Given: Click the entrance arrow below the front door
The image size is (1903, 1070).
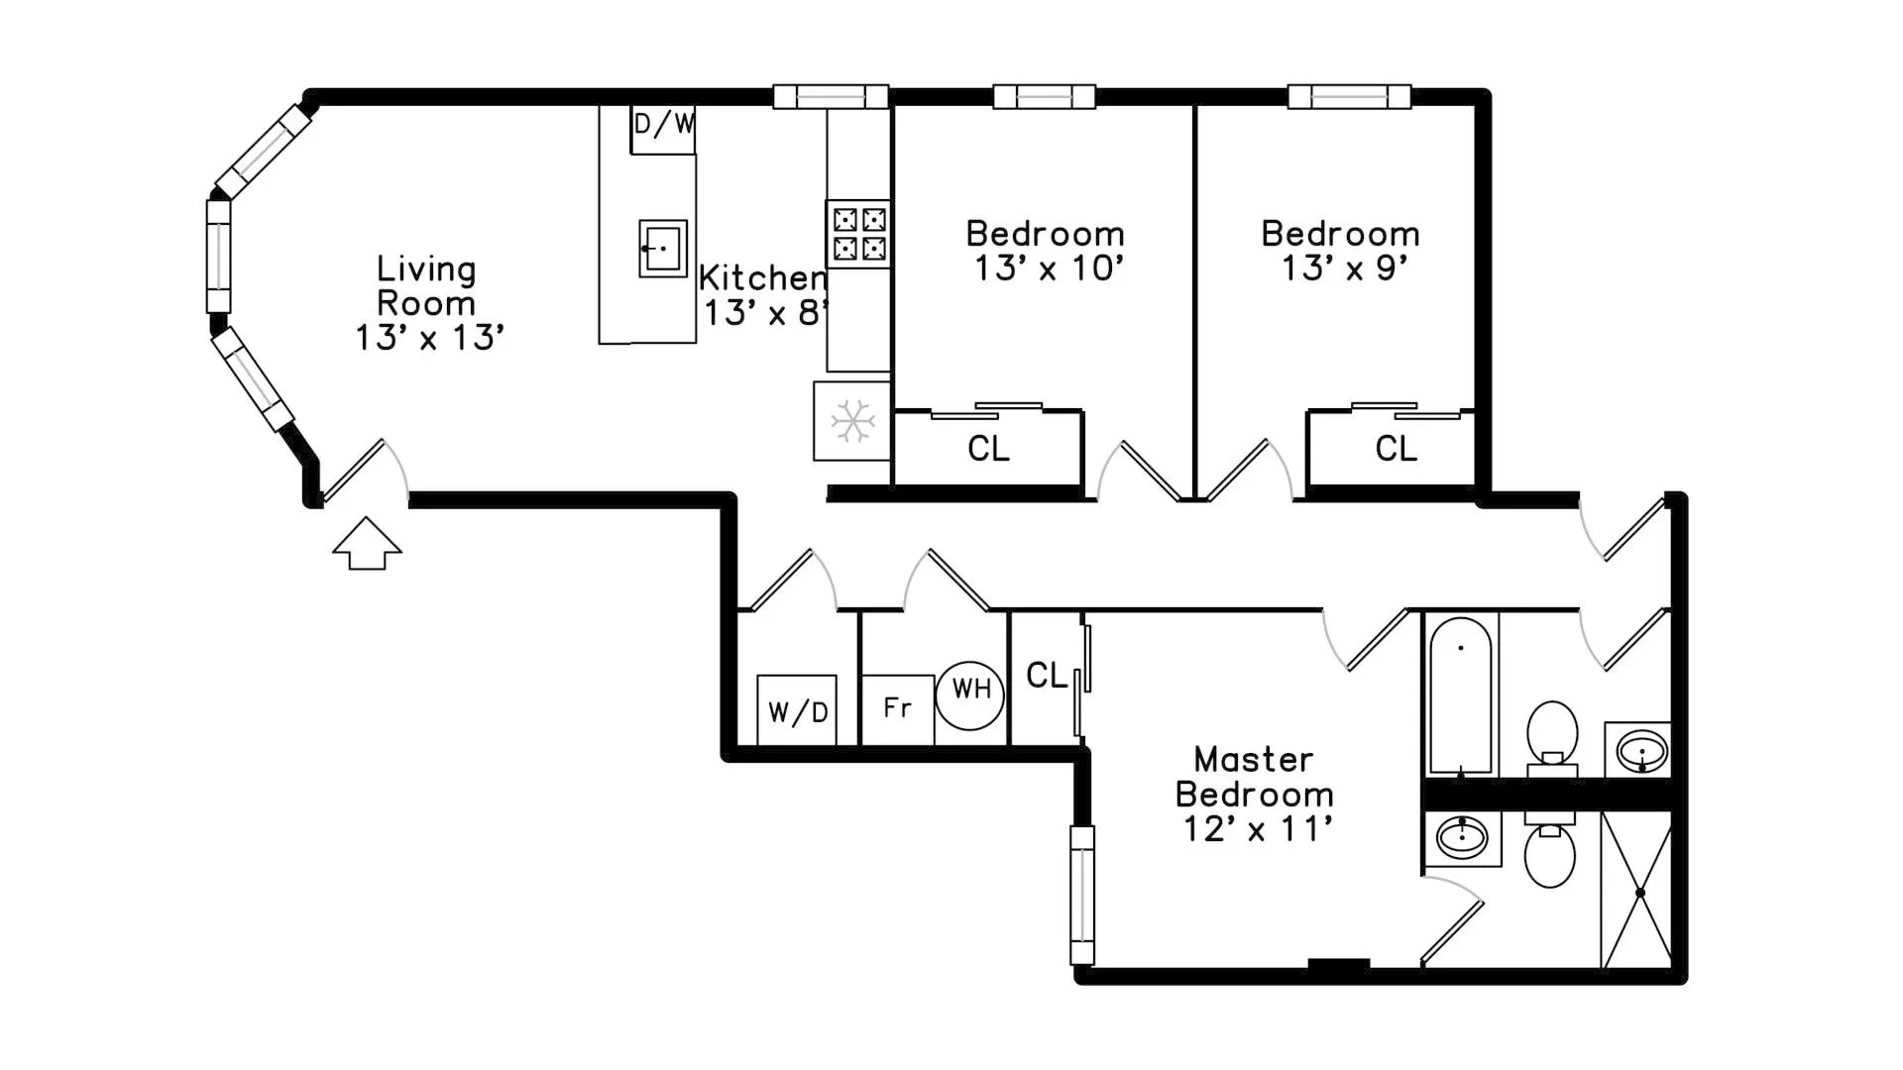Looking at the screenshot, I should (367, 544).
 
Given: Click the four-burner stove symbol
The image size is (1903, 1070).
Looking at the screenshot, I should (858, 234).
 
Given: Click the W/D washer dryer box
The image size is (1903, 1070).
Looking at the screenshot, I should (797, 709).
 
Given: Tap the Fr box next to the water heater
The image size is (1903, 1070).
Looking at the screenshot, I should (897, 708).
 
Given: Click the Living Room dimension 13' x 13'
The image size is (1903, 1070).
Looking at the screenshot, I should (430, 338).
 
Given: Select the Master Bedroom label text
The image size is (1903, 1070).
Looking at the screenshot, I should (1254, 777).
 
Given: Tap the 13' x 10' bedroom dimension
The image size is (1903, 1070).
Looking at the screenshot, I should (1049, 268).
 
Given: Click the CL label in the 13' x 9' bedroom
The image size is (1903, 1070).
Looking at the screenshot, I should (1396, 449).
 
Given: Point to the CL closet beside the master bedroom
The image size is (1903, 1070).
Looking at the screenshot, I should (1047, 676).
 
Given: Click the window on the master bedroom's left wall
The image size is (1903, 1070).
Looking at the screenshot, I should (1082, 895).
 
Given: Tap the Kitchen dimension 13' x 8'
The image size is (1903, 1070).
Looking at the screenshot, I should (764, 313).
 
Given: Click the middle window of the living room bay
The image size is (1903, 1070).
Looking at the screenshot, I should (218, 256).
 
